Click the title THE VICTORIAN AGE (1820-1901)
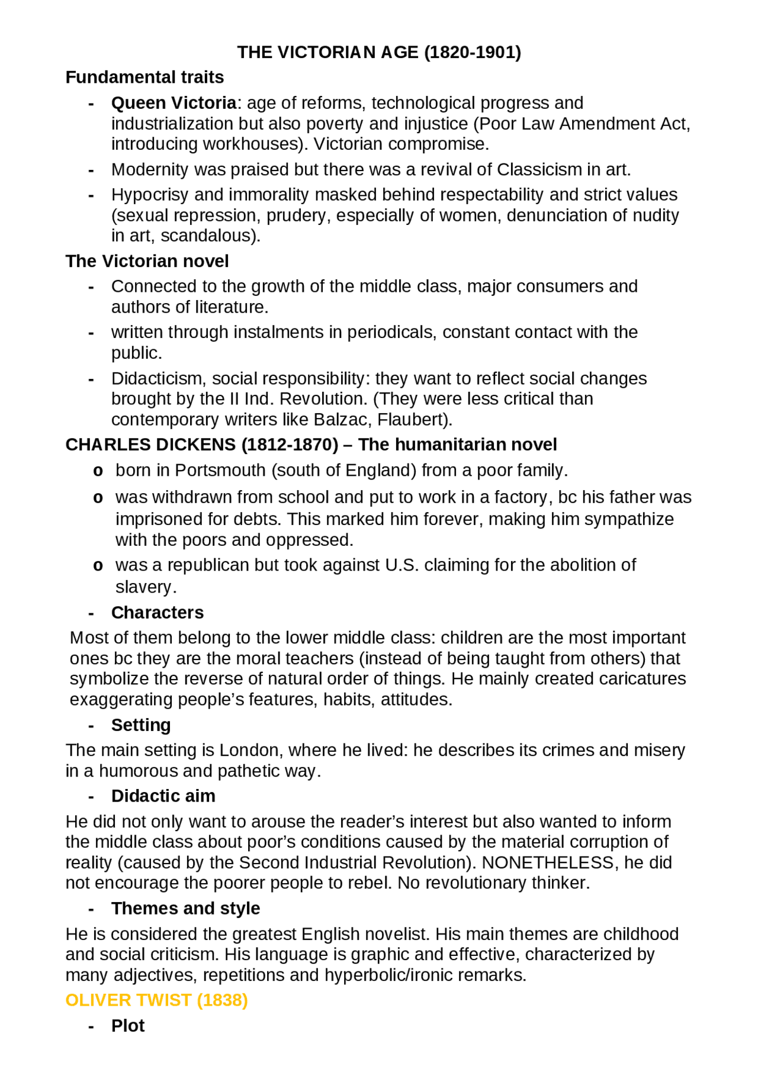379,53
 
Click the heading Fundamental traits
144,78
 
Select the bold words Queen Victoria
174,103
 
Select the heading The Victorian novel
147,261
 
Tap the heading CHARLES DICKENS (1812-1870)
201,445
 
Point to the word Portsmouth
220,471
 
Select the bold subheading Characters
157,613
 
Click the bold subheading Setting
141,725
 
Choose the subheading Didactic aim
163,796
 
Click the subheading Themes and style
185,909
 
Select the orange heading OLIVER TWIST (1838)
156,1000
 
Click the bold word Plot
128,1026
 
